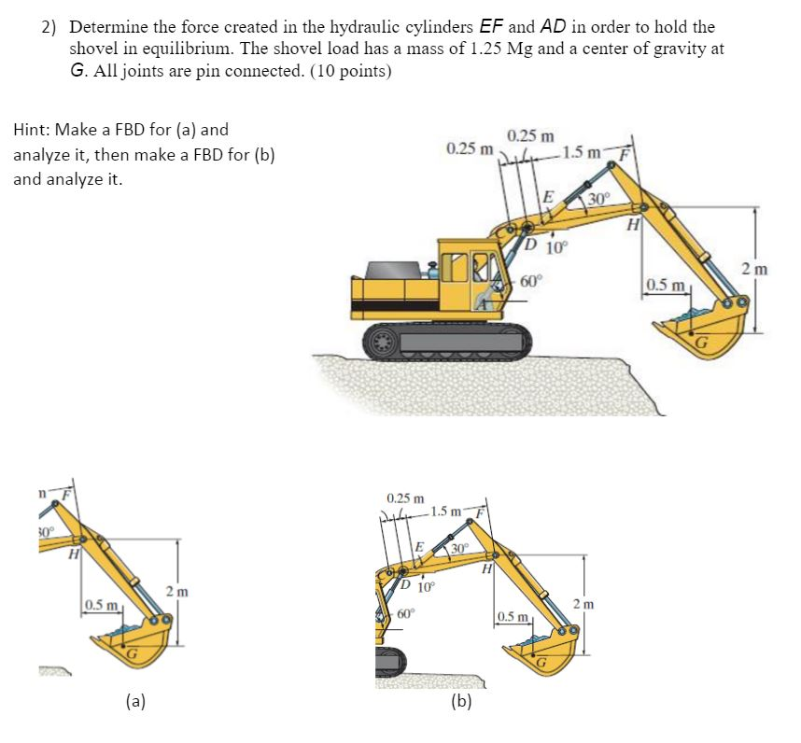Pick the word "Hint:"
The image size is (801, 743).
[x=33, y=131]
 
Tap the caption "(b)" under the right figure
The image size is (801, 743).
[x=460, y=701]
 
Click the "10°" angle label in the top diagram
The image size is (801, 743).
[x=555, y=248]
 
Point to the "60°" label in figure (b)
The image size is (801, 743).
[x=407, y=613]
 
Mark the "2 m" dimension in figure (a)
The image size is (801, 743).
[x=176, y=591]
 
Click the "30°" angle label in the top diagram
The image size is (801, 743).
[x=598, y=199]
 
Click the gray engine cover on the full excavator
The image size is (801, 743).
[x=397, y=270]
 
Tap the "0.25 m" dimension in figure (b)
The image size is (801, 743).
[x=405, y=499]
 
